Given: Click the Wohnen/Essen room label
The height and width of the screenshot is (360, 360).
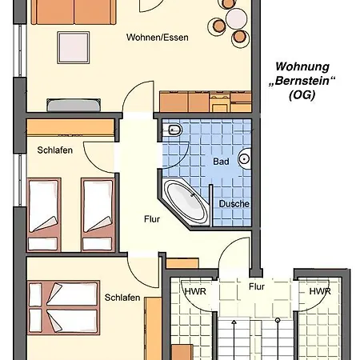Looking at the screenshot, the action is pyautogui.click(x=158, y=38).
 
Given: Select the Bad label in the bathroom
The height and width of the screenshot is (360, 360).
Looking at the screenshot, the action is pyautogui.click(x=221, y=162).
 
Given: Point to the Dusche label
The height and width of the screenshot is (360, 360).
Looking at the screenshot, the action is pyautogui.click(x=234, y=204).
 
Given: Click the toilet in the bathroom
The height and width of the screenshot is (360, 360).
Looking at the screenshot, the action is pyautogui.click(x=174, y=130).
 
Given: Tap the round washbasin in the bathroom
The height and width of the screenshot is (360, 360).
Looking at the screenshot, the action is pyautogui.click(x=245, y=159).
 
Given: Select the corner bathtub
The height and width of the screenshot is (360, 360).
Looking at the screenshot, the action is pyautogui.click(x=187, y=202).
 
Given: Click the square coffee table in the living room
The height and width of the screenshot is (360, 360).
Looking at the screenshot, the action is pyautogui.click(x=74, y=48).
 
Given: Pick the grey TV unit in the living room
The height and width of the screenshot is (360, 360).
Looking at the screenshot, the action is pyautogui.click(x=74, y=105).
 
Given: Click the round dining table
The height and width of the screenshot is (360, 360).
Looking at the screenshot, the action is pyautogui.click(x=236, y=18).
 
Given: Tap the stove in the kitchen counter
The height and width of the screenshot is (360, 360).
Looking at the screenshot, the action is pyautogui.click(x=220, y=102).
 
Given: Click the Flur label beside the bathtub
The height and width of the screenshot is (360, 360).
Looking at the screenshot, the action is pyautogui.click(x=152, y=219).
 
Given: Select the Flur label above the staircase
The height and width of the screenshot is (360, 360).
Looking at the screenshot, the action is pyautogui.click(x=257, y=286).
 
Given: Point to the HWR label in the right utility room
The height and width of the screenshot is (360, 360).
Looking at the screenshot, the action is pyautogui.click(x=320, y=291).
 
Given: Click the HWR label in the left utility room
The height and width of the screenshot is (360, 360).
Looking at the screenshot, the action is pyautogui.click(x=195, y=291).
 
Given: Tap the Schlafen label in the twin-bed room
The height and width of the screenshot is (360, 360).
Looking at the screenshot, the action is pyautogui.click(x=55, y=150).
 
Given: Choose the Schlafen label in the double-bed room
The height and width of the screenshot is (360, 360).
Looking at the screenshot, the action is pyautogui.click(x=122, y=298).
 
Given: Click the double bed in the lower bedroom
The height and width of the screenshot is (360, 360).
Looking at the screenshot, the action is pyautogui.click(x=63, y=307).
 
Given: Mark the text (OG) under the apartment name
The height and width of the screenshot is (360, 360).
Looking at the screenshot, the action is pyautogui.click(x=302, y=95).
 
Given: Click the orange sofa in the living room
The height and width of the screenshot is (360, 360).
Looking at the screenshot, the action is pyautogui.click(x=74, y=12).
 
